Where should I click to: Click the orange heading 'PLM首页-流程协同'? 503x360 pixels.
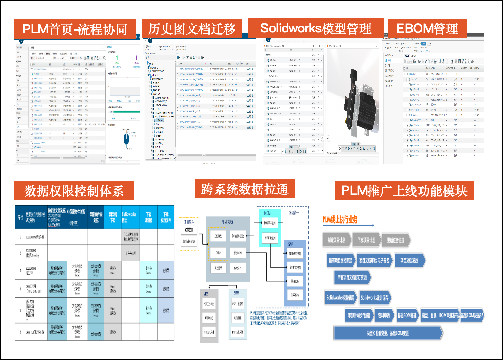click(x=75, y=29)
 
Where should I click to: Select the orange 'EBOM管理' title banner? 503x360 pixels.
click(x=427, y=29)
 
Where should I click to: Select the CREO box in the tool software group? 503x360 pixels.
click(x=189, y=230)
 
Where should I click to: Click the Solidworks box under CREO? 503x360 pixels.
click(x=189, y=242)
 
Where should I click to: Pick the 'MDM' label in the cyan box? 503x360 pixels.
click(x=267, y=213)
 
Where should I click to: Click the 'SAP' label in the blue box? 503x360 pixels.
click(x=290, y=244)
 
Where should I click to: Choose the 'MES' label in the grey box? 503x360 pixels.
click(x=206, y=294)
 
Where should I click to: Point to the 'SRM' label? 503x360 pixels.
click(x=237, y=293)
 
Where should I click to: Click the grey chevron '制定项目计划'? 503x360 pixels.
click(x=336, y=240)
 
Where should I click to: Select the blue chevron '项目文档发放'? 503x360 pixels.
click(x=409, y=261)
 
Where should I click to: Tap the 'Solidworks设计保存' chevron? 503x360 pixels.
click(x=375, y=298)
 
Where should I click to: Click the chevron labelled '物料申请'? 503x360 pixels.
click(x=384, y=316)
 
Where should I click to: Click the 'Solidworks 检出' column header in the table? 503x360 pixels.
click(x=129, y=217)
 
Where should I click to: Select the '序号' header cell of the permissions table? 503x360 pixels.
click(x=20, y=217)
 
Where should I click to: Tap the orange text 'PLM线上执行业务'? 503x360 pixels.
click(x=340, y=220)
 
